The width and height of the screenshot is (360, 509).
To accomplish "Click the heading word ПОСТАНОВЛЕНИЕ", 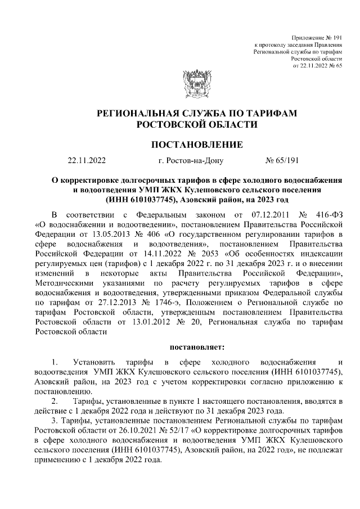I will [x=197, y=145].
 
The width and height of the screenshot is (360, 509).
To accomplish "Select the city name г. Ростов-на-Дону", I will [x=191, y=161].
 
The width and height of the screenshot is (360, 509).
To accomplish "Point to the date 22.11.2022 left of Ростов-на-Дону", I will [x=86, y=161].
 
